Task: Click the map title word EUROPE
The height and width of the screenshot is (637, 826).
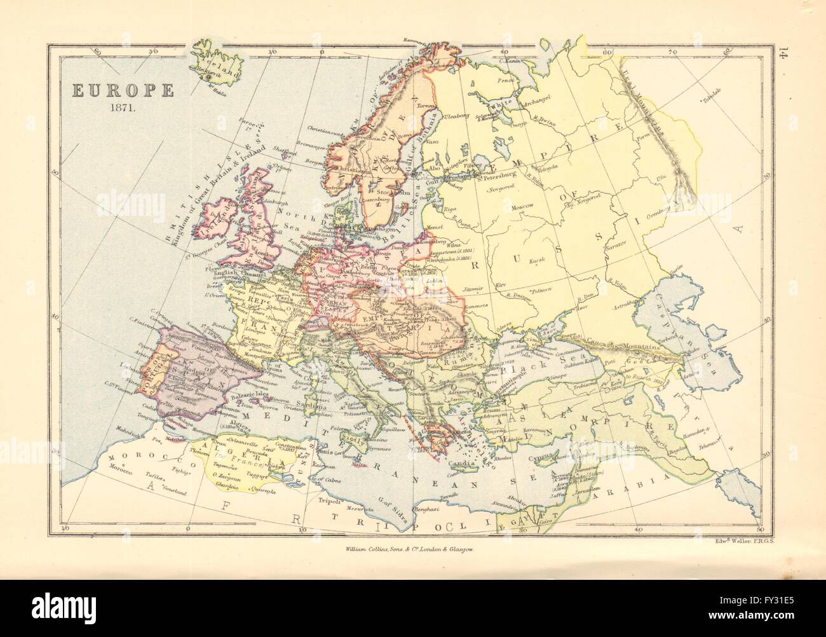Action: point(122,90)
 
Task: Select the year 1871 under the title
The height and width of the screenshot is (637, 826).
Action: point(122,106)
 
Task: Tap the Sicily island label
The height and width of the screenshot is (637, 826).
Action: point(350,438)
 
